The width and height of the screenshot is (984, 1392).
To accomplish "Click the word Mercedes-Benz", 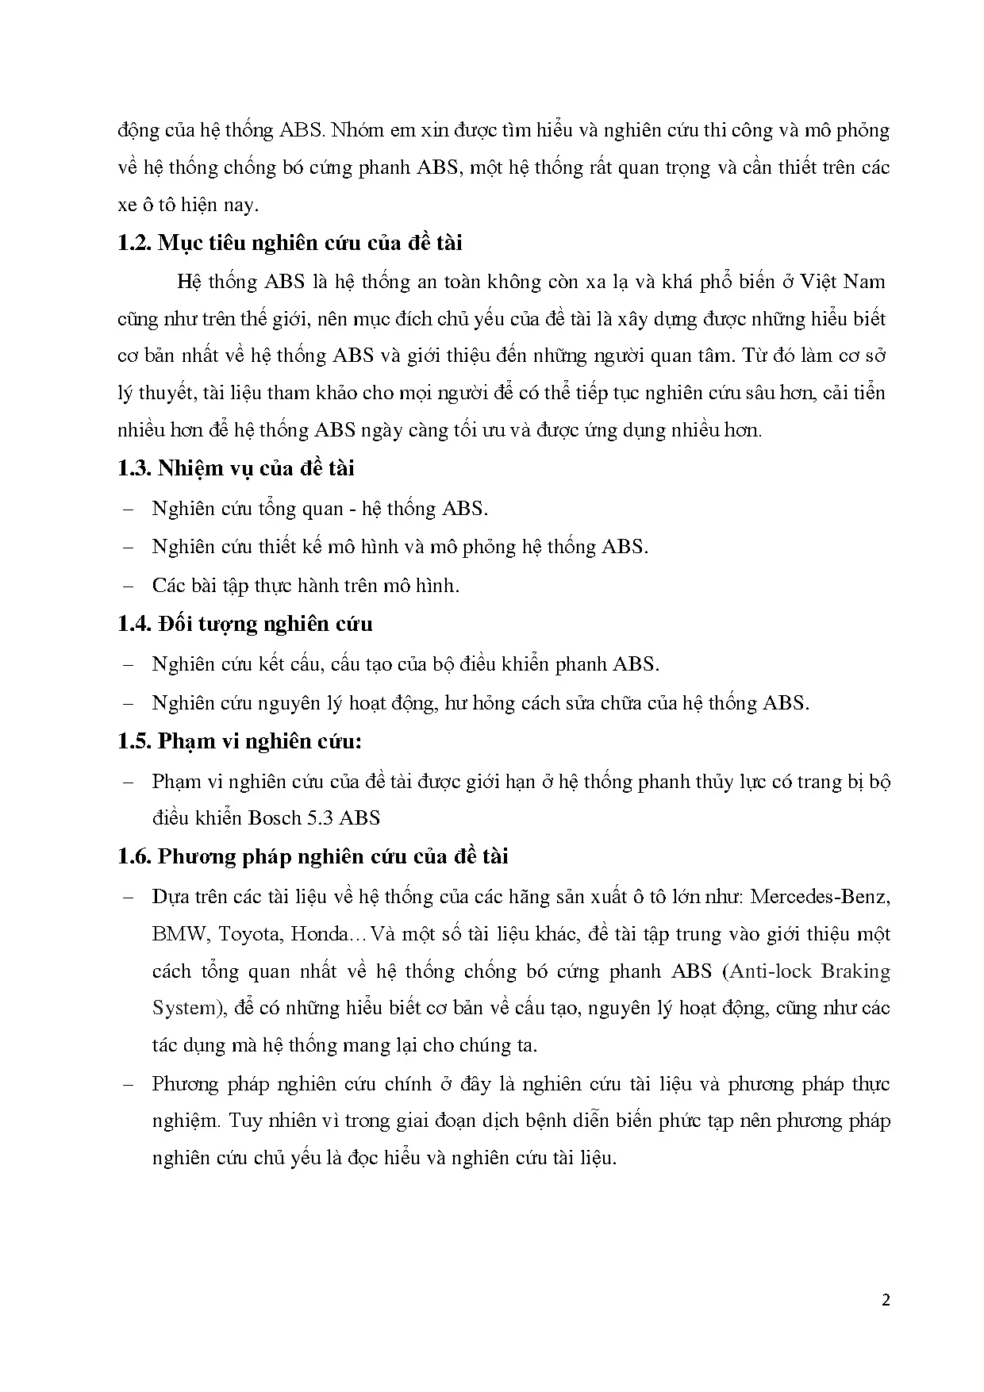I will point(819,897).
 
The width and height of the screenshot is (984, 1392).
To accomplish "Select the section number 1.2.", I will point(134,243).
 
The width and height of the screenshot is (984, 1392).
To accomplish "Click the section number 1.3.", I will point(134,468).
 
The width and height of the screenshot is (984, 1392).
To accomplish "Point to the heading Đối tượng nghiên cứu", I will point(265,625).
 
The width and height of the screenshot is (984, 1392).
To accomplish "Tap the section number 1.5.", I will point(134,741).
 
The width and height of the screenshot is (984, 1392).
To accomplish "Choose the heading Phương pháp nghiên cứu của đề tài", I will point(332,857).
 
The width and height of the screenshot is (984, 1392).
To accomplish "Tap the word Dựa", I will point(170,897).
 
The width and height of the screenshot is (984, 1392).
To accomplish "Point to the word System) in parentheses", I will point(184,1008).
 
